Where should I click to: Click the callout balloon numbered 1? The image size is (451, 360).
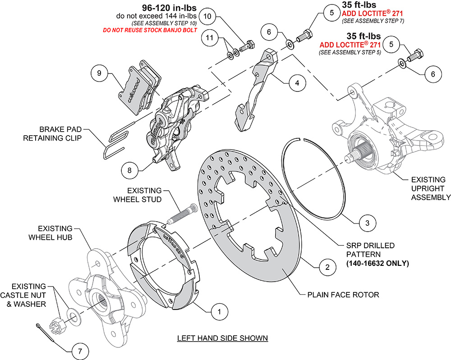pos(219,311)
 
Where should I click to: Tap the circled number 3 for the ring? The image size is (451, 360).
pos(368,222)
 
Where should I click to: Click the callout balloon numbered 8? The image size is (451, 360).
pos(129,170)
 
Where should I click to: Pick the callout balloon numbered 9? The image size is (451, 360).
pos(100,72)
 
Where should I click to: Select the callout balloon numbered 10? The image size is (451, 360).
pos(207,16)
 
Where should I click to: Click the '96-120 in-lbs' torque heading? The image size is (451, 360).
pos(162,8)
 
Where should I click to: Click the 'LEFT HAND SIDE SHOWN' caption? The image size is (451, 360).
pos(222,338)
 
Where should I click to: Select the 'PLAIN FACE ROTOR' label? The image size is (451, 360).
pos(343,295)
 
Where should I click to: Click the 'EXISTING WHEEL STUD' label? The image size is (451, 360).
pos(144,195)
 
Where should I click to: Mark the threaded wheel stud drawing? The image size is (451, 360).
pos(180,214)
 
